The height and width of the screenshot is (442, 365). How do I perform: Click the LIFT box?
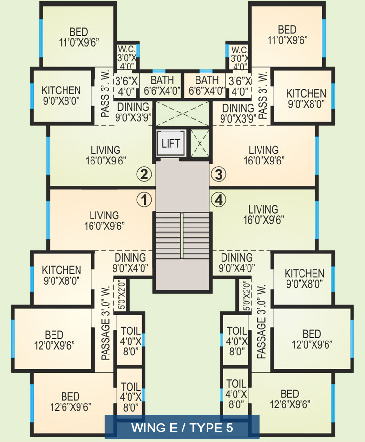pyautogui.click(x=171, y=143)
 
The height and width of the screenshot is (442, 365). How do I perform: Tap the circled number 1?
pyautogui.click(x=144, y=200)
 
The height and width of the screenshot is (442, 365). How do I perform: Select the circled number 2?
pyautogui.click(x=144, y=174)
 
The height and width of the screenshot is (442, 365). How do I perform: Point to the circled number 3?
pyautogui.click(x=219, y=174)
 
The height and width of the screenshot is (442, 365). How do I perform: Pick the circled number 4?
pyautogui.click(x=219, y=200)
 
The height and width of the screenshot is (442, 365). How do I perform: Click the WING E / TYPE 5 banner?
pyautogui.click(x=182, y=428)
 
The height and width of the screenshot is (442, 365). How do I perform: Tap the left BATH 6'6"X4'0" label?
pyautogui.click(x=162, y=86)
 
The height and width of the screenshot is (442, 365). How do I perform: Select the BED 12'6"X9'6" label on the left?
pyautogui.click(x=71, y=402)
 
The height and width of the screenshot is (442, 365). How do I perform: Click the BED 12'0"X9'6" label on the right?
pyautogui.click(x=312, y=339)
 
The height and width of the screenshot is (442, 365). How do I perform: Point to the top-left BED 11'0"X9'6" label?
pyautogui.click(x=79, y=37)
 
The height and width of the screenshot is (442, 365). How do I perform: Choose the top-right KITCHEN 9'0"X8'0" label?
pyautogui.click(x=306, y=99)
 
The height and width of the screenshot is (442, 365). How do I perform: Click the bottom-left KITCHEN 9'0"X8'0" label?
pyautogui.click(x=62, y=275)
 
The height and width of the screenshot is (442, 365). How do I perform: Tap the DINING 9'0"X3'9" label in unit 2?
pyautogui.click(x=133, y=112)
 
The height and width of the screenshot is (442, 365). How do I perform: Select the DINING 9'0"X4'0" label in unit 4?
pyautogui.click(x=237, y=263)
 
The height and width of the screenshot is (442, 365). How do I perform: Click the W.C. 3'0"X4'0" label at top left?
pyautogui.click(x=127, y=58)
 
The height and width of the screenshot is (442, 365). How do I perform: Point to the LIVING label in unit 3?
pyautogui.click(x=264, y=150)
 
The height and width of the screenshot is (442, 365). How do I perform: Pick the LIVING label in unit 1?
pyautogui.click(x=104, y=215)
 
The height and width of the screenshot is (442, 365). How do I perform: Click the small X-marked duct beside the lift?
pyautogui.click(x=200, y=143)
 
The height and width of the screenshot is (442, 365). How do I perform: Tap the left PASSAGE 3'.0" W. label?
pyautogui.click(x=105, y=323)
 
